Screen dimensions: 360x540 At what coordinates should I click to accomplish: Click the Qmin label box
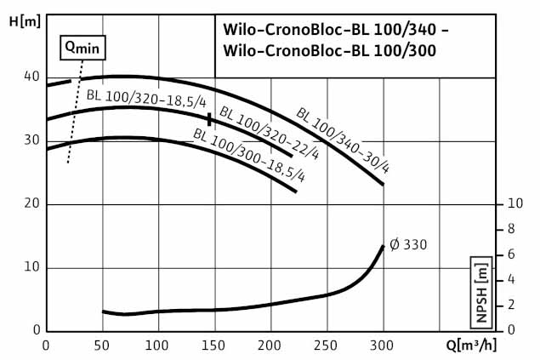80,48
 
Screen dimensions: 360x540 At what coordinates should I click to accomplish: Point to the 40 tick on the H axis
32,77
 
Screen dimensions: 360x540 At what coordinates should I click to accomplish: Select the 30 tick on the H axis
32,140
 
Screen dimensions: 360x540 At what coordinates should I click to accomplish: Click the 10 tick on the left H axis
32,267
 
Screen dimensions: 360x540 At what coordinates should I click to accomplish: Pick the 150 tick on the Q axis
213,345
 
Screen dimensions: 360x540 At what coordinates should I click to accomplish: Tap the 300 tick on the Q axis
383,345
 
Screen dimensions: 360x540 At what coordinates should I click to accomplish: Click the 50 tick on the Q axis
102,345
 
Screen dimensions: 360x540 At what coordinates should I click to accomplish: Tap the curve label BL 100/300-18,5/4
248,156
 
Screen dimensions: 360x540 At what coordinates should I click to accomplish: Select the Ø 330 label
408,245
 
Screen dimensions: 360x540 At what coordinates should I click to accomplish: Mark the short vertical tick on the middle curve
209,118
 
